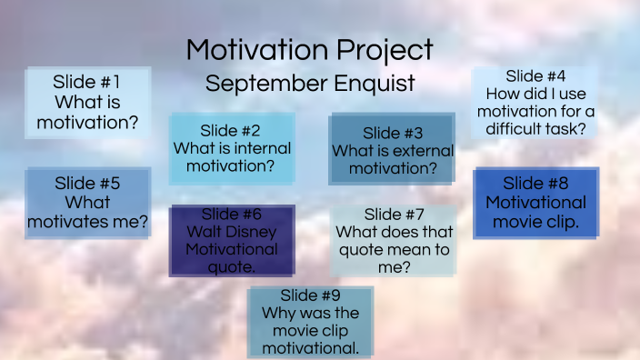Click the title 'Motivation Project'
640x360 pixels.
[x=309, y=50]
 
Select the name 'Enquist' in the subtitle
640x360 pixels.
[x=375, y=84]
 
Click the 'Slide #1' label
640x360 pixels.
[x=86, y=82]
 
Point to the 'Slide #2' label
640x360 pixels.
[x=231, y=130]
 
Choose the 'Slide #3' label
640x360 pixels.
[x=393, y=134]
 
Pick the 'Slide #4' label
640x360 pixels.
[x=535, y=76]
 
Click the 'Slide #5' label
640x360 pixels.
[x=87, y=183]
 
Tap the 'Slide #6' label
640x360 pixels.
[x=231, y=215]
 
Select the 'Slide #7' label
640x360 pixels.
[x=394, y=215]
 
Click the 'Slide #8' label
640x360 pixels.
[x=535, y=183]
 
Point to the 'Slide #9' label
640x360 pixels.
[x=310, y=295]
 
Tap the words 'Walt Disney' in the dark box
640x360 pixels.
[x=231, y=232]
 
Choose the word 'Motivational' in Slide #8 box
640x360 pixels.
[x=535, y=202]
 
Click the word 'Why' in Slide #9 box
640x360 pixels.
[x=275, y=314]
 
